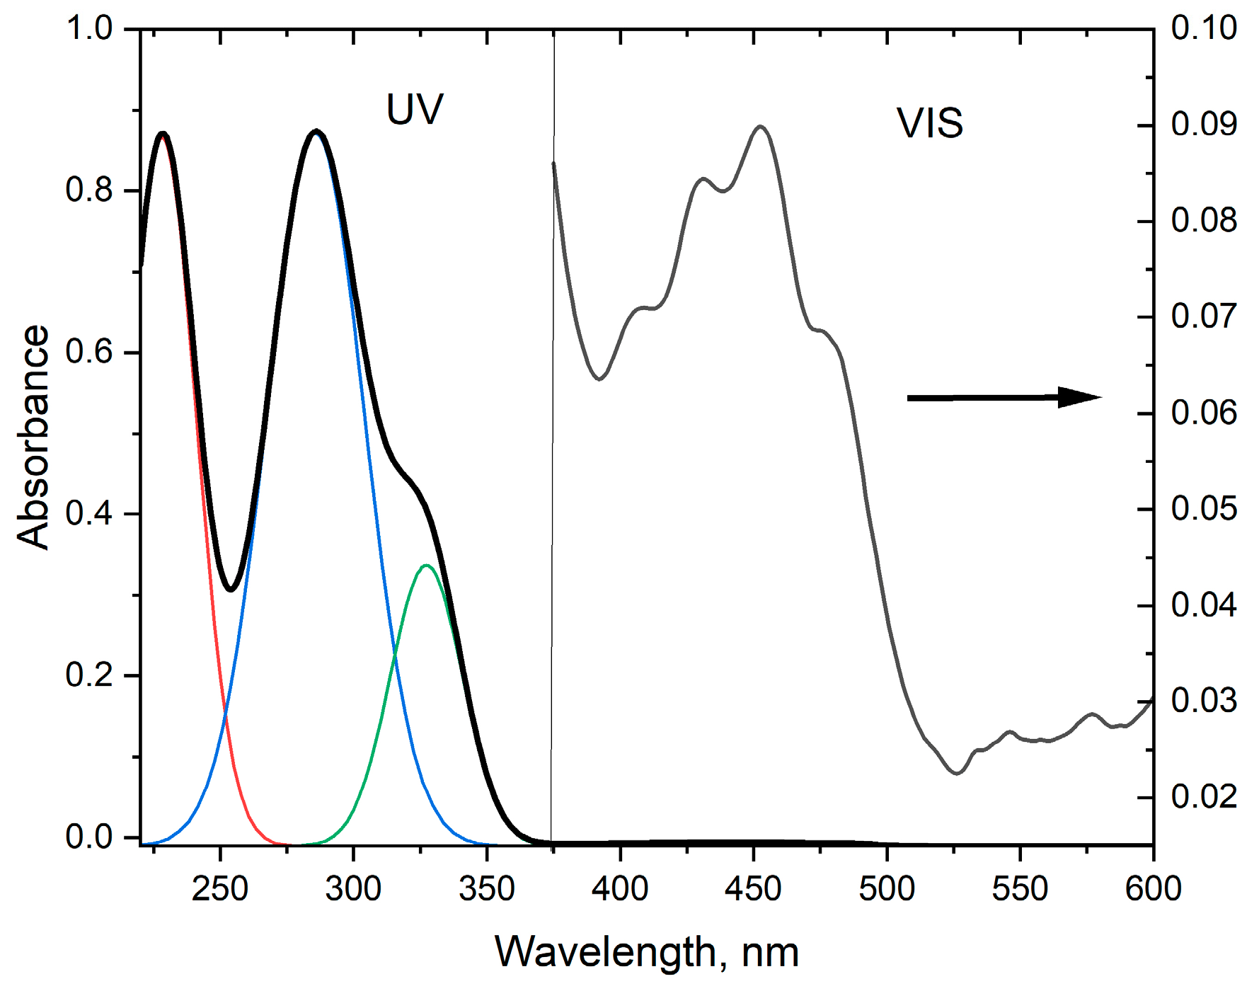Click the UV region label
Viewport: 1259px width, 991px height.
(415, 110)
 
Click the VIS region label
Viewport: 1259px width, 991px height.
(930, 123)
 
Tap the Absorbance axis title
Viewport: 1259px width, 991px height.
(33, 437)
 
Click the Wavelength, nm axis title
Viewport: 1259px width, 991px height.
(647, 951)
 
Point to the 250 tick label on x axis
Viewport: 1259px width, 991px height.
(220, 888)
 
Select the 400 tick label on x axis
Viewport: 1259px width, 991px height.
(620, 888)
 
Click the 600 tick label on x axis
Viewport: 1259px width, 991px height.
(1153, 888)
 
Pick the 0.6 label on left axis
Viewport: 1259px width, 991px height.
(89, 352)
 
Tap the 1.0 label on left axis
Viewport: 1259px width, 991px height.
(89, 29)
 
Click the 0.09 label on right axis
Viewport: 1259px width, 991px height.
(1204, 125)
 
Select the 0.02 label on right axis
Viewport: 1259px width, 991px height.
(1204, 797)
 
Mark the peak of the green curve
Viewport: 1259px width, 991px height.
(426, 566)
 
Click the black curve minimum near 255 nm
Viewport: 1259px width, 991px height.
(231, 589)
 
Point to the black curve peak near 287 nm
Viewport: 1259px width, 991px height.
(316, 132)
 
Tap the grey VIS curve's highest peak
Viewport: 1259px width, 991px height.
(761, 127)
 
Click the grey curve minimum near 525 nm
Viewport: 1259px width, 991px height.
(957, 773)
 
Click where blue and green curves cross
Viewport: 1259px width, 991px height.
(394, 657)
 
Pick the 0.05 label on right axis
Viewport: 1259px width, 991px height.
(1204, 509)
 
